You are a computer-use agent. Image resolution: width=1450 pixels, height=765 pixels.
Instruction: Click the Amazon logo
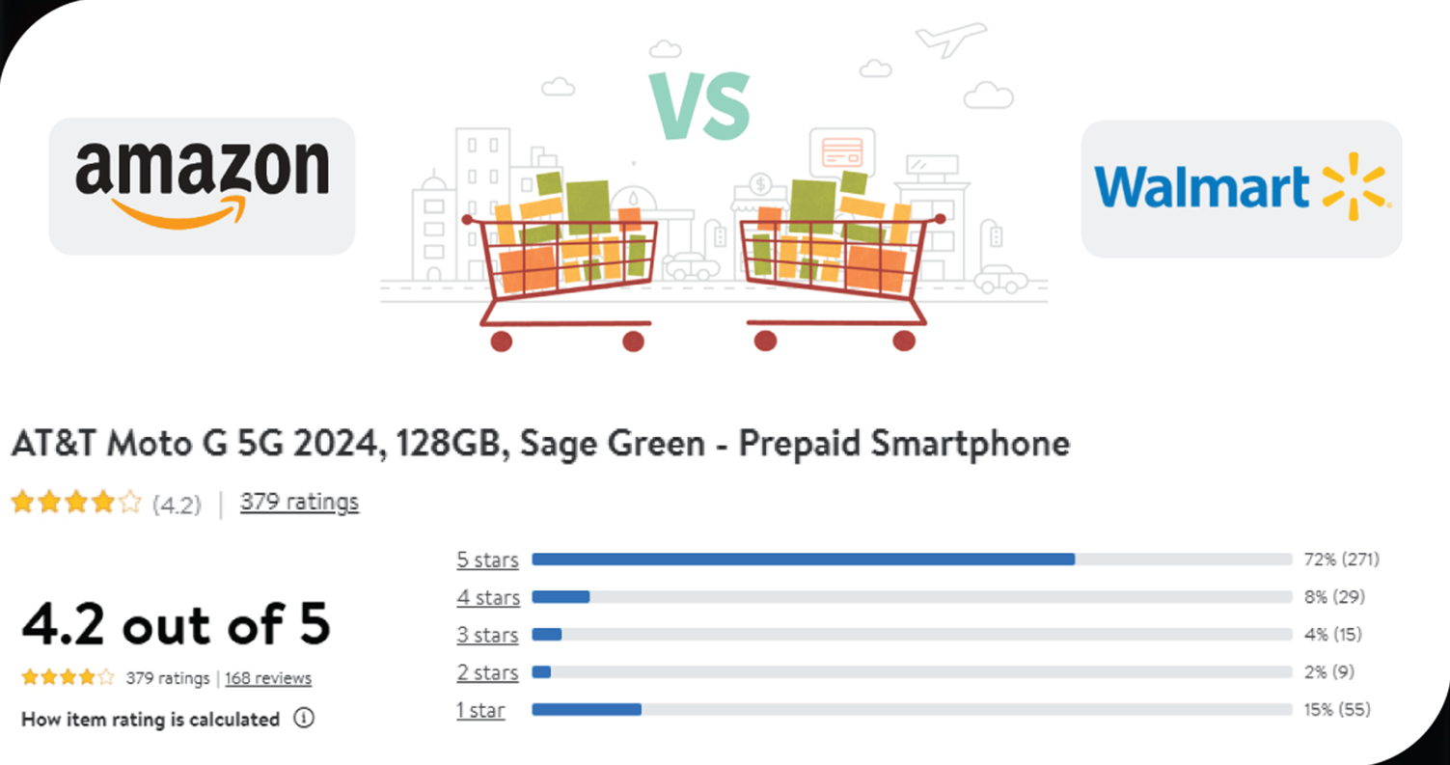click(x=202, y=184)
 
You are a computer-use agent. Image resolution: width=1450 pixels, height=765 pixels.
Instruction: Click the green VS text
click(x=700, y=105)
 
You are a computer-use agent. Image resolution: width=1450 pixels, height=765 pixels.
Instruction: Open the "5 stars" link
click(x=487, y=560)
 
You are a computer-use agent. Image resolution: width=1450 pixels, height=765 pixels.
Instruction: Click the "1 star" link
click(x=480, y=711)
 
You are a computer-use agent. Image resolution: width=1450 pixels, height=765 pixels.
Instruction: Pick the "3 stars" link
click(x=487, y=635)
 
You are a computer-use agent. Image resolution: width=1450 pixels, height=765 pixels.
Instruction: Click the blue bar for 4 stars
click(x=561, y=597)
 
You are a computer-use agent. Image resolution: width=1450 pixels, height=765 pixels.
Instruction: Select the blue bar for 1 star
click(x=587, y=710)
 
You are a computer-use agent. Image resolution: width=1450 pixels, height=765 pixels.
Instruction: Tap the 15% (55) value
click(x=1337, y=710)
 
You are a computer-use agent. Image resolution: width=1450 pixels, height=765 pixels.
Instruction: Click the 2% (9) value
click(x=1329, y=672)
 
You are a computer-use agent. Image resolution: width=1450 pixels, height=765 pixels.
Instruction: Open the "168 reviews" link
click(x=268, y=678)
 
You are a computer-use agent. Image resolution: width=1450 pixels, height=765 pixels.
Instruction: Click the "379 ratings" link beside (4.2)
click(x=299, y=503)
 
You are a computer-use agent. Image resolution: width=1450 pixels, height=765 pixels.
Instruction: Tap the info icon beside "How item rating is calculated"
click(x=304, y=719)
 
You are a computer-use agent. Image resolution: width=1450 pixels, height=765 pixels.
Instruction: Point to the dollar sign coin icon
click(x=761, y=184)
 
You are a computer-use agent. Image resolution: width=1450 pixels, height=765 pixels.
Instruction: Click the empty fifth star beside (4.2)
click(x=130, y=503)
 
